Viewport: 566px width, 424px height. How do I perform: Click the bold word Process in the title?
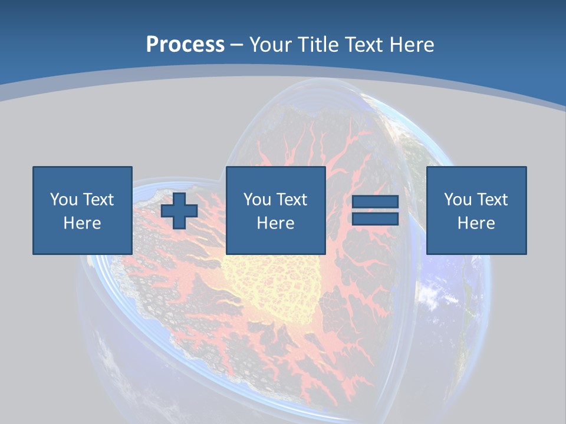[x=185, y=45]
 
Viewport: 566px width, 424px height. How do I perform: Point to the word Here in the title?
[x=412, y=45]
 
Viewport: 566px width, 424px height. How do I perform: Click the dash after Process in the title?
[x=237, y=45]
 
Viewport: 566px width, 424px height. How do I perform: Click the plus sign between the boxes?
[x=179, y=210]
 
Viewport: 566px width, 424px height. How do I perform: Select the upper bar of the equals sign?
[x=375, y=202]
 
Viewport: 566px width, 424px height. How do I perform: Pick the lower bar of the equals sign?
[x=375, y=218]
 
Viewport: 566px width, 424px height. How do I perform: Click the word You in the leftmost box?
[x=64, y=200]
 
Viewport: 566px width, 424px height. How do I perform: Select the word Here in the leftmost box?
[x=82, y=223]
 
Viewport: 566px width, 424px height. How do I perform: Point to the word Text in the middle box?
[x=291, y=200]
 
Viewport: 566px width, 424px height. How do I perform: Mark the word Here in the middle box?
[x=275, y=223]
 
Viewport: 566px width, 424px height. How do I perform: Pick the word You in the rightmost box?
[x=458, y=200]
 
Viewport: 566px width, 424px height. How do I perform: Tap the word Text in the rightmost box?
[x=491, y=200]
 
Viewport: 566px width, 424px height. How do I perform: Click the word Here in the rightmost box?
[x=476, y=223]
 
